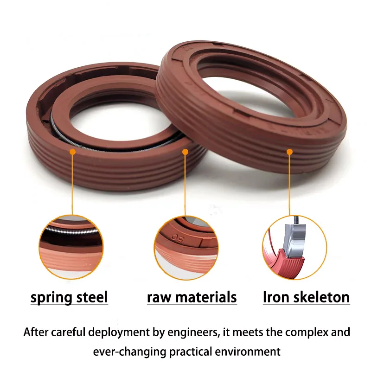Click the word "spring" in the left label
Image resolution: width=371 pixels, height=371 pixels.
click(x=51, y=298)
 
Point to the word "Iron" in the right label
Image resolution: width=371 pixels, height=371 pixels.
click(x=276, y=297)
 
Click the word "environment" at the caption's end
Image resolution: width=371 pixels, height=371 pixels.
click(x=248, y=352)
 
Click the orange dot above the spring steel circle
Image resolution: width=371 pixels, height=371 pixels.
click(x=73, y=152)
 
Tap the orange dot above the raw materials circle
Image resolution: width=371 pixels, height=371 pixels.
click(x=185, y=152)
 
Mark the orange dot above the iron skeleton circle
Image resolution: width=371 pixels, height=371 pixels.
click(x=289, y=152)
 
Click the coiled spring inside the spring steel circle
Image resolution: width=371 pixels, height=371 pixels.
click(x=71, y=230)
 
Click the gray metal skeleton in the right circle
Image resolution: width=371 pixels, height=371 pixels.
click(x=295, y=239)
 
